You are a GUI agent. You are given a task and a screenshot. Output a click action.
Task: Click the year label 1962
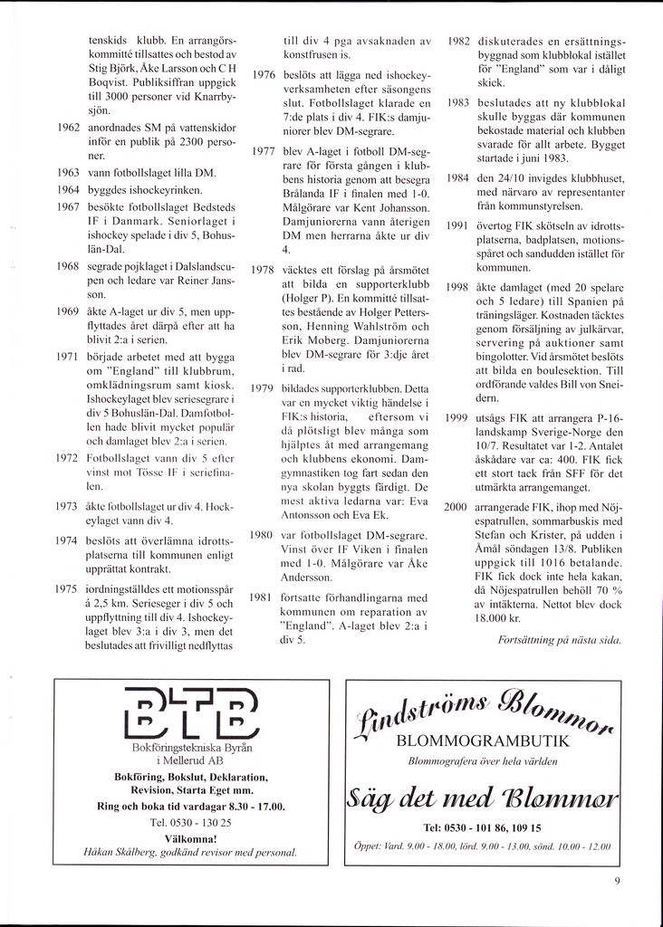tap(69, 128)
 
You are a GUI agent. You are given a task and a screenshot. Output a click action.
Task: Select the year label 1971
tap(69, 357)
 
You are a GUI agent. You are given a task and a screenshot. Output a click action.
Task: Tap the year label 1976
tap(264, 74)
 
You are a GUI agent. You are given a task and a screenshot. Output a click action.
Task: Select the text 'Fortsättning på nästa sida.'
tap(560, 640)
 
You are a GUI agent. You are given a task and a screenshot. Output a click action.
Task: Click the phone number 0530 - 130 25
tap(190, 822)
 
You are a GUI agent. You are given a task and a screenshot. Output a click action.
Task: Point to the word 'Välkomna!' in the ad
tap(190, 838)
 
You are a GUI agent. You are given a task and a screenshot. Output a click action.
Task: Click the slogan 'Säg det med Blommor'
tap(482, 798)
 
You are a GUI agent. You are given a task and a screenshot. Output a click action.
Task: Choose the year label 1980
tap(264, 535)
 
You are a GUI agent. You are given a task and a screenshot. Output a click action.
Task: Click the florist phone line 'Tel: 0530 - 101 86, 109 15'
tap(482, 827)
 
